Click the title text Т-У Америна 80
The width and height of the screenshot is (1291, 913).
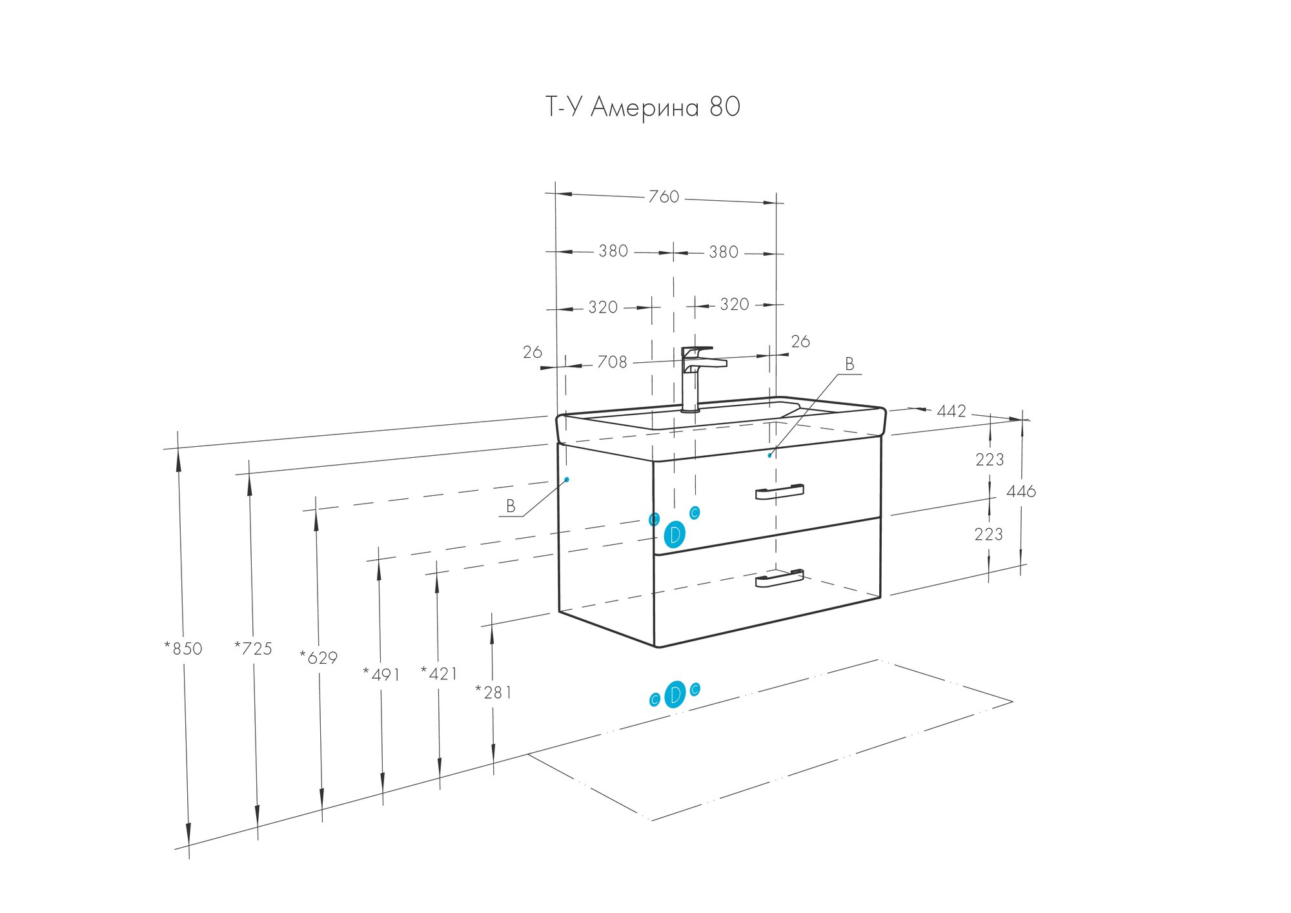coord(642,107)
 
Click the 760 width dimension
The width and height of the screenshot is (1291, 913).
coord(664,196)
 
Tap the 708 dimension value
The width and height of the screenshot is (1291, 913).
coord(612,362)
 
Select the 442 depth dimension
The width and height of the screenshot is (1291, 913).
coord(951,411)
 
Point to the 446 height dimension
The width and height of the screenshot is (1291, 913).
coord(1021,491)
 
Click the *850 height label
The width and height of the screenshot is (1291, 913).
coord(183,648)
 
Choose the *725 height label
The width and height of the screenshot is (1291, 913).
coord(253,648)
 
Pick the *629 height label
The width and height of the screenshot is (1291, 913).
coord(318,658)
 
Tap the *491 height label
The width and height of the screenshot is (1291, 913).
coord(381,675)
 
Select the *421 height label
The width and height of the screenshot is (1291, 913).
coord(439,674)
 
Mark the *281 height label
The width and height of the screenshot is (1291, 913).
coord(493,693)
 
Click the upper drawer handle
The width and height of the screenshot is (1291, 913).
coord(779,492)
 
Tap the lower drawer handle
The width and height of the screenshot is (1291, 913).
coord(779,579)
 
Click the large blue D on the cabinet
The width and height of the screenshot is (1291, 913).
coord(674,535)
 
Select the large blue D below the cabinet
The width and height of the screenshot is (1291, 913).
coord(675,695)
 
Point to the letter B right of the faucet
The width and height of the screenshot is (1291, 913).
coord(849,365)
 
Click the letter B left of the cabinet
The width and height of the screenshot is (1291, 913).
coord(511,506)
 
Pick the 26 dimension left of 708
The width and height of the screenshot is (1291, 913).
coord(532,353)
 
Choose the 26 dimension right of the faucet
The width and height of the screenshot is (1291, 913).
coord(800,342)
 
